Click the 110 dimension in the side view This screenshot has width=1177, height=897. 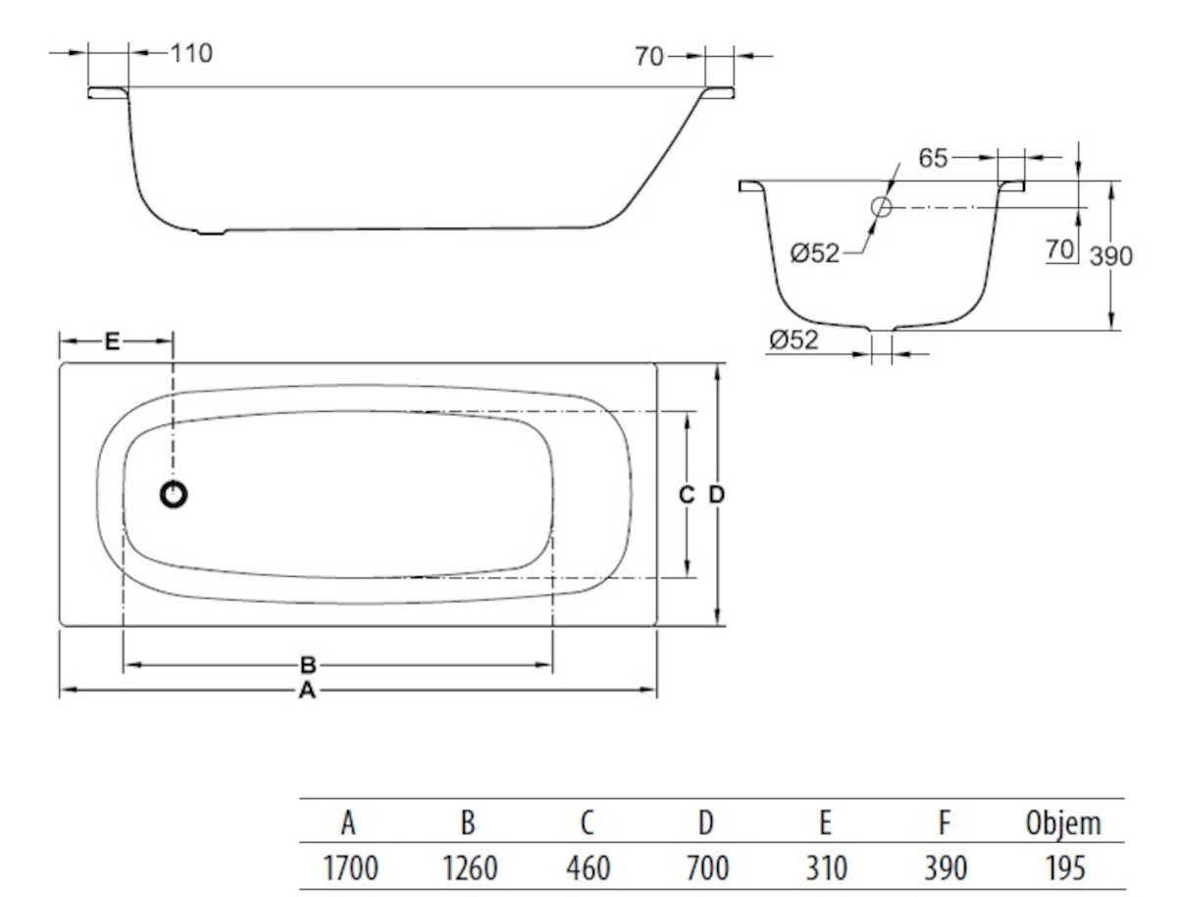click(x=191, y=53)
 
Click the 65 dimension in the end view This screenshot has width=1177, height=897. click(x=934, y=158)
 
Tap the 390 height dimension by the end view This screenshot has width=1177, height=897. click(x=1111, y=256)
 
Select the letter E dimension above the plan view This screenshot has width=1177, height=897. click(x=112, y=341)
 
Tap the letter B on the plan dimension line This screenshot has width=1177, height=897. click(x=307, y=664)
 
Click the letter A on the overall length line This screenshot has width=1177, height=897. click(x=307, y=691)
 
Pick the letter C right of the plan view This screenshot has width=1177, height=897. click(x=687, y=495)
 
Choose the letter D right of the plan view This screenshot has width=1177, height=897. click(x=717, y=495)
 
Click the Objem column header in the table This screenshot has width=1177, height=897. click(x=1063, y=823)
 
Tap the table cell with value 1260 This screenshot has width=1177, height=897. click(x=468, y=868)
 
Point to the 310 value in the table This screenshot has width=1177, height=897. click(x=826, y=868)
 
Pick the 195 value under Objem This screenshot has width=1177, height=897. click(x=1063, y=868)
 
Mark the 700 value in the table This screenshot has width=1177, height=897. click(x=706, y=868)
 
